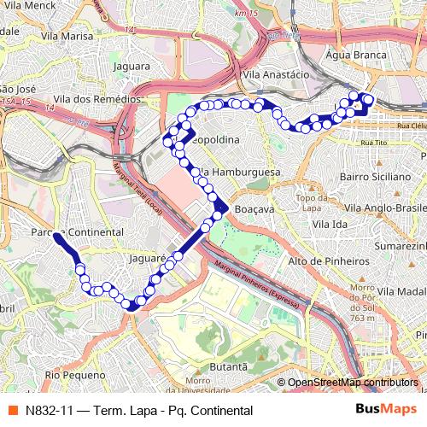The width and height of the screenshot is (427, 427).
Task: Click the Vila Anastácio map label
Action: point(276,75)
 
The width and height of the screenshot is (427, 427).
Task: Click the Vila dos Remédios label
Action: point(95,100)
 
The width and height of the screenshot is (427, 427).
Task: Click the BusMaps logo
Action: point(385,409)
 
